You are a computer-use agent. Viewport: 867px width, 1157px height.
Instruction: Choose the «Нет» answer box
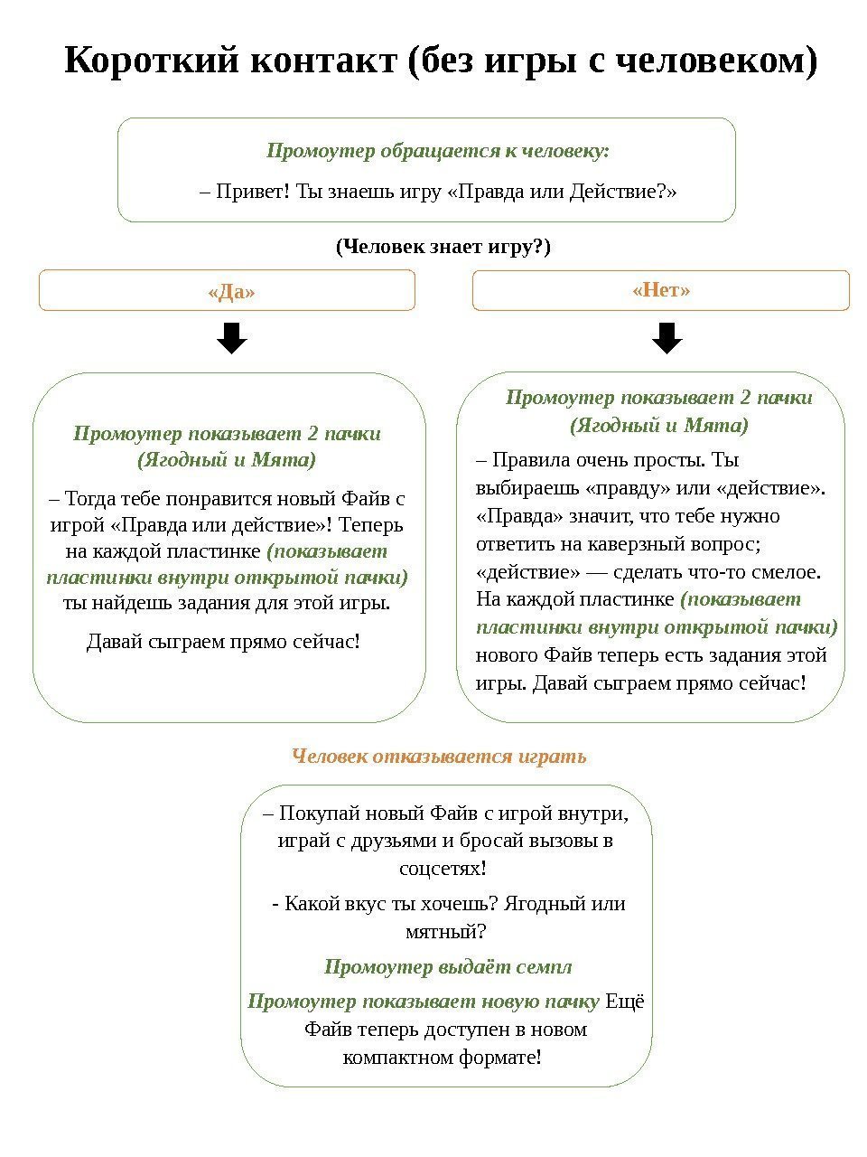(x=661, y=290)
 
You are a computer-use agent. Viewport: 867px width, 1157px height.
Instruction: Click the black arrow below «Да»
(x=232, y=340)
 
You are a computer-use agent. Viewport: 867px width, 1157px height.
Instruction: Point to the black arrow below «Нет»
(x=667, y=338)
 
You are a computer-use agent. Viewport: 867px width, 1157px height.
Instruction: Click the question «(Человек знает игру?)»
(x=443, y=246)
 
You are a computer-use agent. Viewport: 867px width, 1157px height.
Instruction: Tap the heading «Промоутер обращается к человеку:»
(x=437, y=150)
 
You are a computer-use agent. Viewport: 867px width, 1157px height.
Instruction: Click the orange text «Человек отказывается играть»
(x=439, y=756)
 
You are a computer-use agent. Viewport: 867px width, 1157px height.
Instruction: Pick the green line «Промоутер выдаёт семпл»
(x=448, y=967)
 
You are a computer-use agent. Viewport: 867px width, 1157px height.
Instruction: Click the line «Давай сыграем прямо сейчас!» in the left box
(x=223, y=642)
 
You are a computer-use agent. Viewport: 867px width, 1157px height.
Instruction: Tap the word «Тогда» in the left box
(x=92, y=498)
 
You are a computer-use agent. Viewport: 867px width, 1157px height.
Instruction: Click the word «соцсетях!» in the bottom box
(x=443, y=869)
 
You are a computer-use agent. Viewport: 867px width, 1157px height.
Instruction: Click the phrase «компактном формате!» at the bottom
(x=443, y=1057)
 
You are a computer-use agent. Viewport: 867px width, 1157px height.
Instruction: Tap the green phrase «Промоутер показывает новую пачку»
(x=424, y=1002)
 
